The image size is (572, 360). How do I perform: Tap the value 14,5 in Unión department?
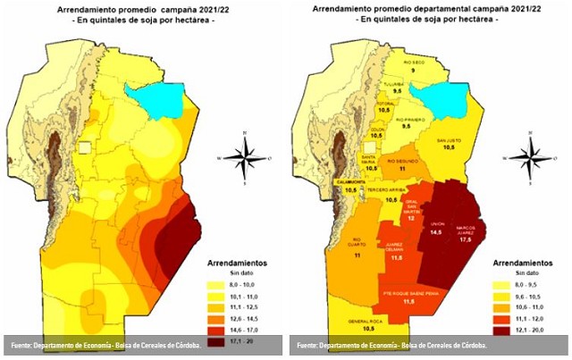click(436, 231)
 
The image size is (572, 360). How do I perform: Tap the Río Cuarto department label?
click(357, 240)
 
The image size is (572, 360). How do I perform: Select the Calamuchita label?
click(351, 181)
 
